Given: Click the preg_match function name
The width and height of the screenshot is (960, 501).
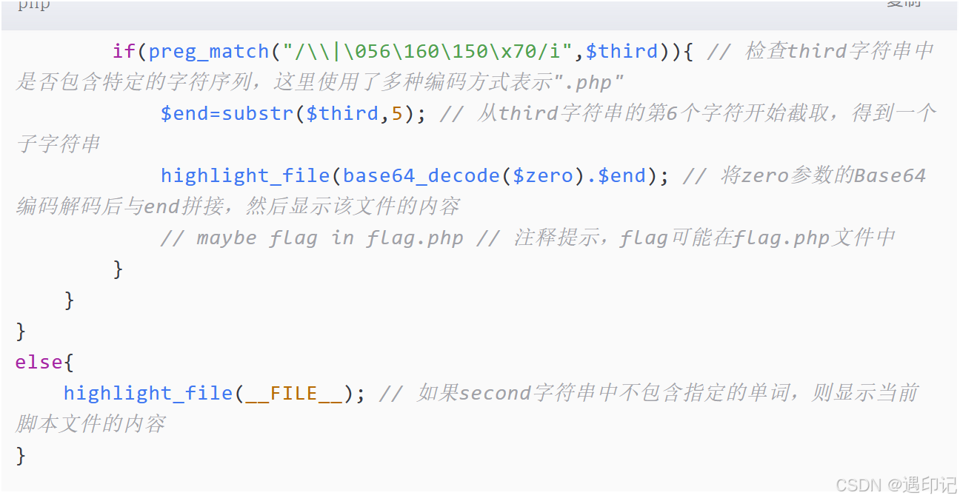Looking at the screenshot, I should coord(209,52).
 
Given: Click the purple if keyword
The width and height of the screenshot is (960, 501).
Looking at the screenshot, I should coord(124,52).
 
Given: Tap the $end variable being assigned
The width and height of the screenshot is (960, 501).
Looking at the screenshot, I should coord(184,113).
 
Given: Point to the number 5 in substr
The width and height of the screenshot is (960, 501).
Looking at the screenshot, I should coord(397,113).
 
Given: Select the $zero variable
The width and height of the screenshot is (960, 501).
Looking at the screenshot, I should coord(543,175).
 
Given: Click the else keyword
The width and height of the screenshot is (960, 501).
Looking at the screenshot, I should coord(39,362).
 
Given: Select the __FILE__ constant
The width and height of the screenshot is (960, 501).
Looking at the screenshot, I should coord(294,393).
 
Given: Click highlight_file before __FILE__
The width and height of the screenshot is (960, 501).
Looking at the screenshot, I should coord(148,393).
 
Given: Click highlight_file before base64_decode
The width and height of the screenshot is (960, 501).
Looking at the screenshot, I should coord(245,175).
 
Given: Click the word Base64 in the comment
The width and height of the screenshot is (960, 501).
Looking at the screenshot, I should coord(890,175).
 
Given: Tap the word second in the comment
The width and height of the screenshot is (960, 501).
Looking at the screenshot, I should coord(495,393).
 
